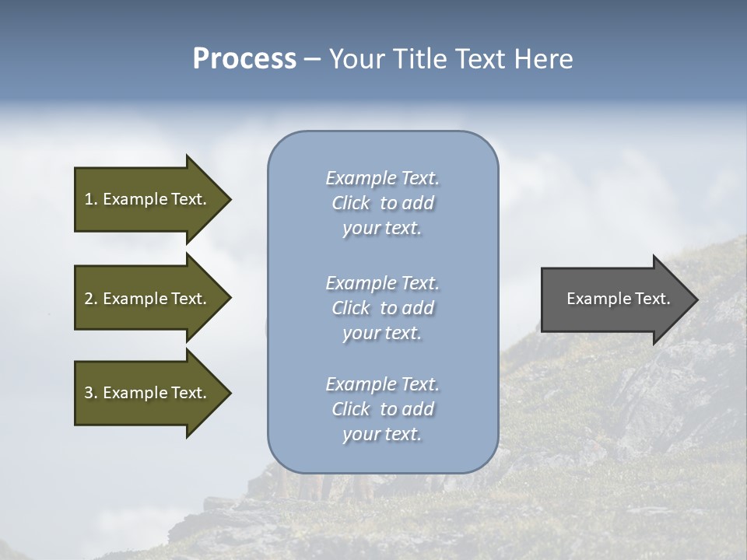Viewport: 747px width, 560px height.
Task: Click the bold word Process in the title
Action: [x=244, y=59]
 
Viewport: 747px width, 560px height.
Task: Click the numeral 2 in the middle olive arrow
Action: [x=89, y=299]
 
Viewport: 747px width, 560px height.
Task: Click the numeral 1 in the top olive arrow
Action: [x=89, y=199]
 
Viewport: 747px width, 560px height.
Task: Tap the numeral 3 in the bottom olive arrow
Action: [x=89, y=393]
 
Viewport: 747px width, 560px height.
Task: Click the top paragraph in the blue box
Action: [x=382, y=203]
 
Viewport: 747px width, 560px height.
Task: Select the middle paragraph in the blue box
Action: [x=382, y=308]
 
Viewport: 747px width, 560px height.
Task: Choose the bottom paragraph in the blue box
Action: [x=382, y=409]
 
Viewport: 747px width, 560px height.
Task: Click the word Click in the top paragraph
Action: [x=350, y=203]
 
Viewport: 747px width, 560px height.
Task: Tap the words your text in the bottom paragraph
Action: [x=382, y=434]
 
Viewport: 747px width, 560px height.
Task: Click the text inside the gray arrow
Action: [x=618, y=299]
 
